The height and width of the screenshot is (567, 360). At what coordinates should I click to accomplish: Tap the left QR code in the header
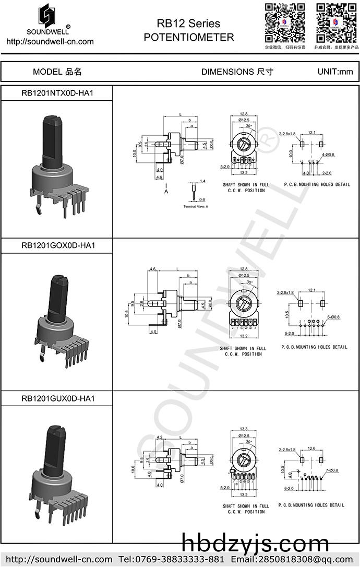(285, 22)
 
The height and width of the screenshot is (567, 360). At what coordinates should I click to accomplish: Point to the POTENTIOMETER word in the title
(188, 38)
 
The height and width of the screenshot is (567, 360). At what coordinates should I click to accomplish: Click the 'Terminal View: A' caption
(196, 207)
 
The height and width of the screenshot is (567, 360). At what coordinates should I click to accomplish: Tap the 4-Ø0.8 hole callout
(328, 155)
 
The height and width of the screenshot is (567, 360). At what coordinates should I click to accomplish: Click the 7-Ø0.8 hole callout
(332, 470)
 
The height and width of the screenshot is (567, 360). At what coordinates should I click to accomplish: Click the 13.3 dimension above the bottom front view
(243, 429)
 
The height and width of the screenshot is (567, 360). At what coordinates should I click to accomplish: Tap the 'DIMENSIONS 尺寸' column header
(237, 72)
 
